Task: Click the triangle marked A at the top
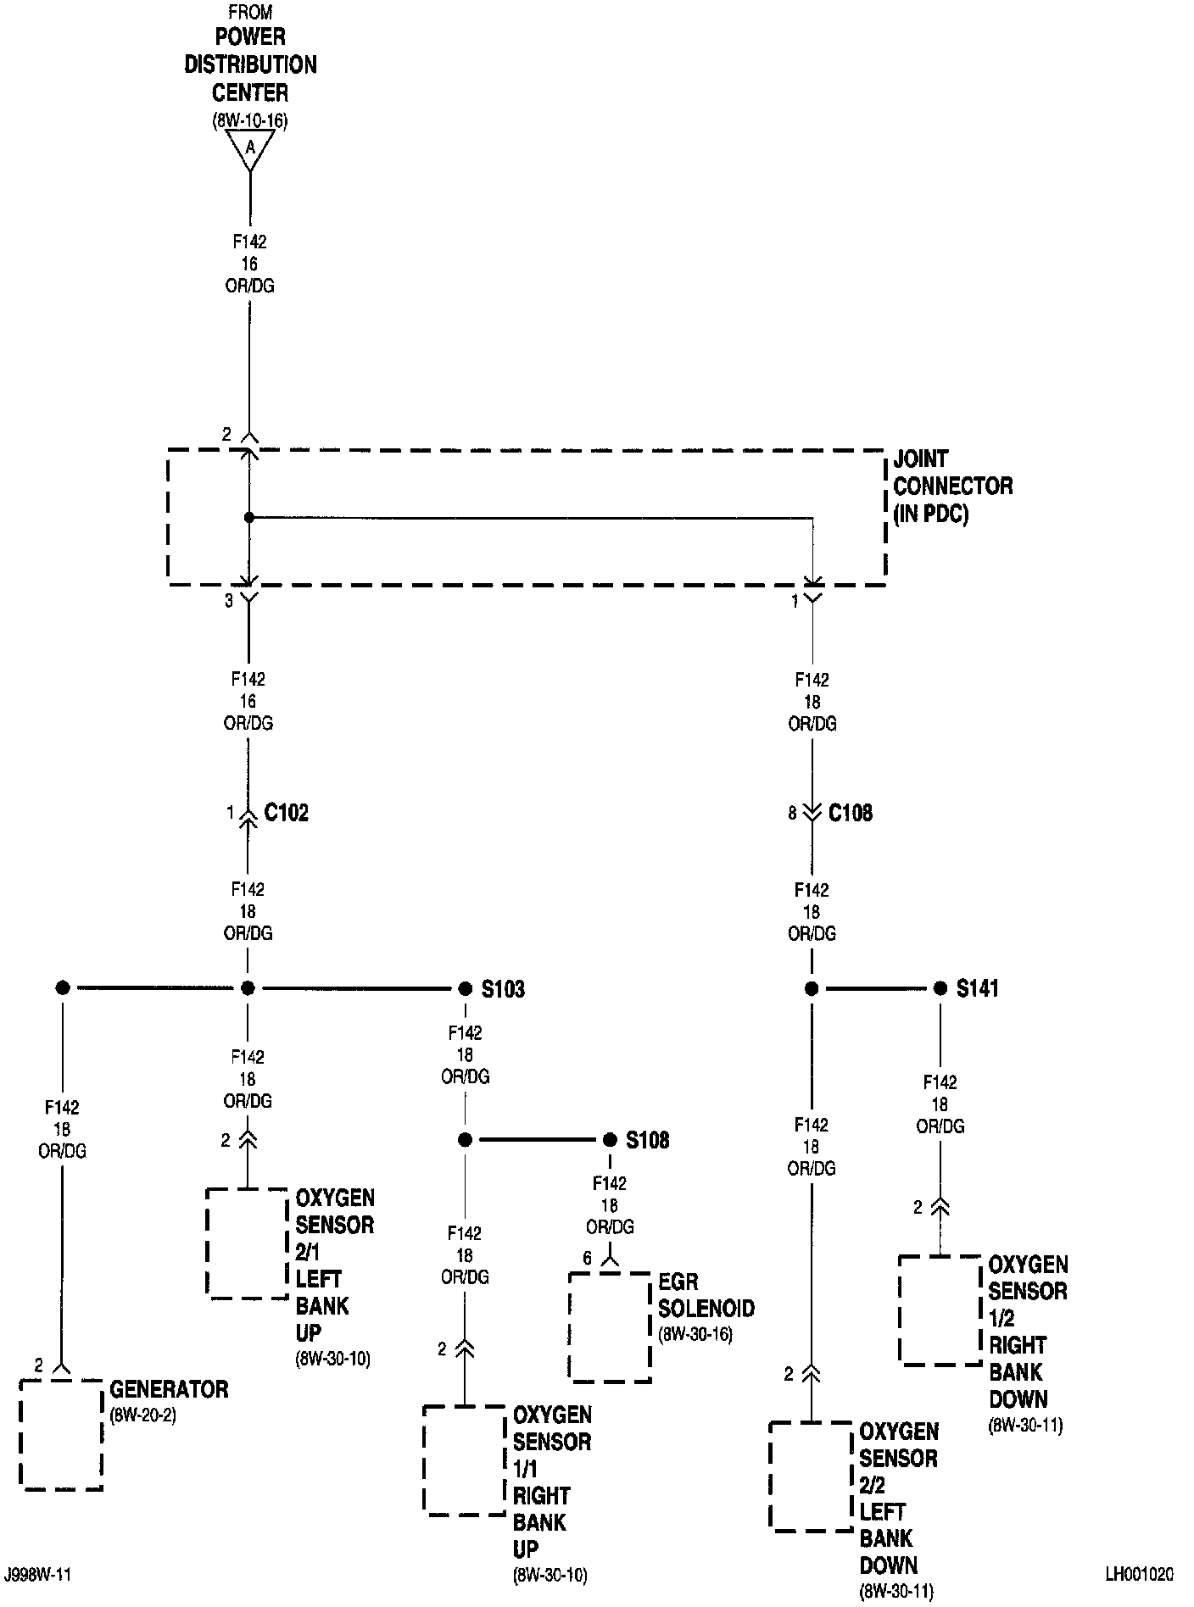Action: tap(250, 150)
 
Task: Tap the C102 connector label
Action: tap(287, 814)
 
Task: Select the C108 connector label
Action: tap(850, 814)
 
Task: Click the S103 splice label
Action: tap(503, 989)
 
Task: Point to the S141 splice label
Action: tap(977, 988)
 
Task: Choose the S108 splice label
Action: tap(647, 1140)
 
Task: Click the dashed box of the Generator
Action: tap(62, 1434)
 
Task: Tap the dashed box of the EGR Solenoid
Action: tap(610, 1326)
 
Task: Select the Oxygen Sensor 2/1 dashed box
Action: tap(248, 1243)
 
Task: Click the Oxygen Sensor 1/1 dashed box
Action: tap(465, 1460)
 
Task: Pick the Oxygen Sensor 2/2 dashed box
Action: tap(811, 1476)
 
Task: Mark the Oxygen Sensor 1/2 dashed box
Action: tap(940, 1310)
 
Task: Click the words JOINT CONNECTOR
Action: tap(952, 473)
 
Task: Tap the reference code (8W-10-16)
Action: tap(250, 121)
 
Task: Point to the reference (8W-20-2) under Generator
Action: tap(142, 1415)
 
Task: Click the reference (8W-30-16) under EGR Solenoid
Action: tap(695, 1333)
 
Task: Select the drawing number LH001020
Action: tap(1139, 1574)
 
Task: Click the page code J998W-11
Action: tap(37, 1574)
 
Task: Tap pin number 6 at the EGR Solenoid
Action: tap(587, 1259)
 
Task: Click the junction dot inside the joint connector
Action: tap(248, 517)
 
